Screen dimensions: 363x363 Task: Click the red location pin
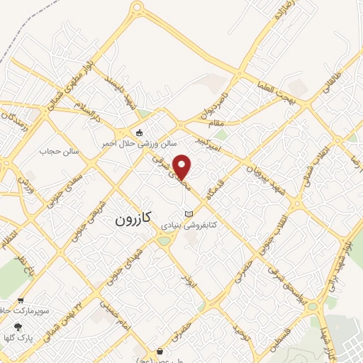click(182, 166)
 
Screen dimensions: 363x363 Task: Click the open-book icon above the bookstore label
click(188, 213)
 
